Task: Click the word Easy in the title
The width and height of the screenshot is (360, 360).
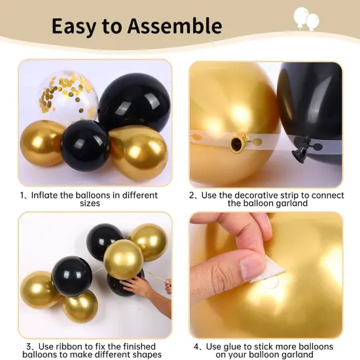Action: point(75,26)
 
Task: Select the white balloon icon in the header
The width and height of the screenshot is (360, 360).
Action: point(306,18)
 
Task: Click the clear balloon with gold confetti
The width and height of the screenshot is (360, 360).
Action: point(68,96)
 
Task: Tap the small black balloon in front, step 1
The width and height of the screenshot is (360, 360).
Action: point(85,145)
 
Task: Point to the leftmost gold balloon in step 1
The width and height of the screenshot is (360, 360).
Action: point(42,143)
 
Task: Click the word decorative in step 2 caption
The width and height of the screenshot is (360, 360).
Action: point(253,195)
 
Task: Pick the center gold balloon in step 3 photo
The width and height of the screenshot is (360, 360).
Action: point(123,259)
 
